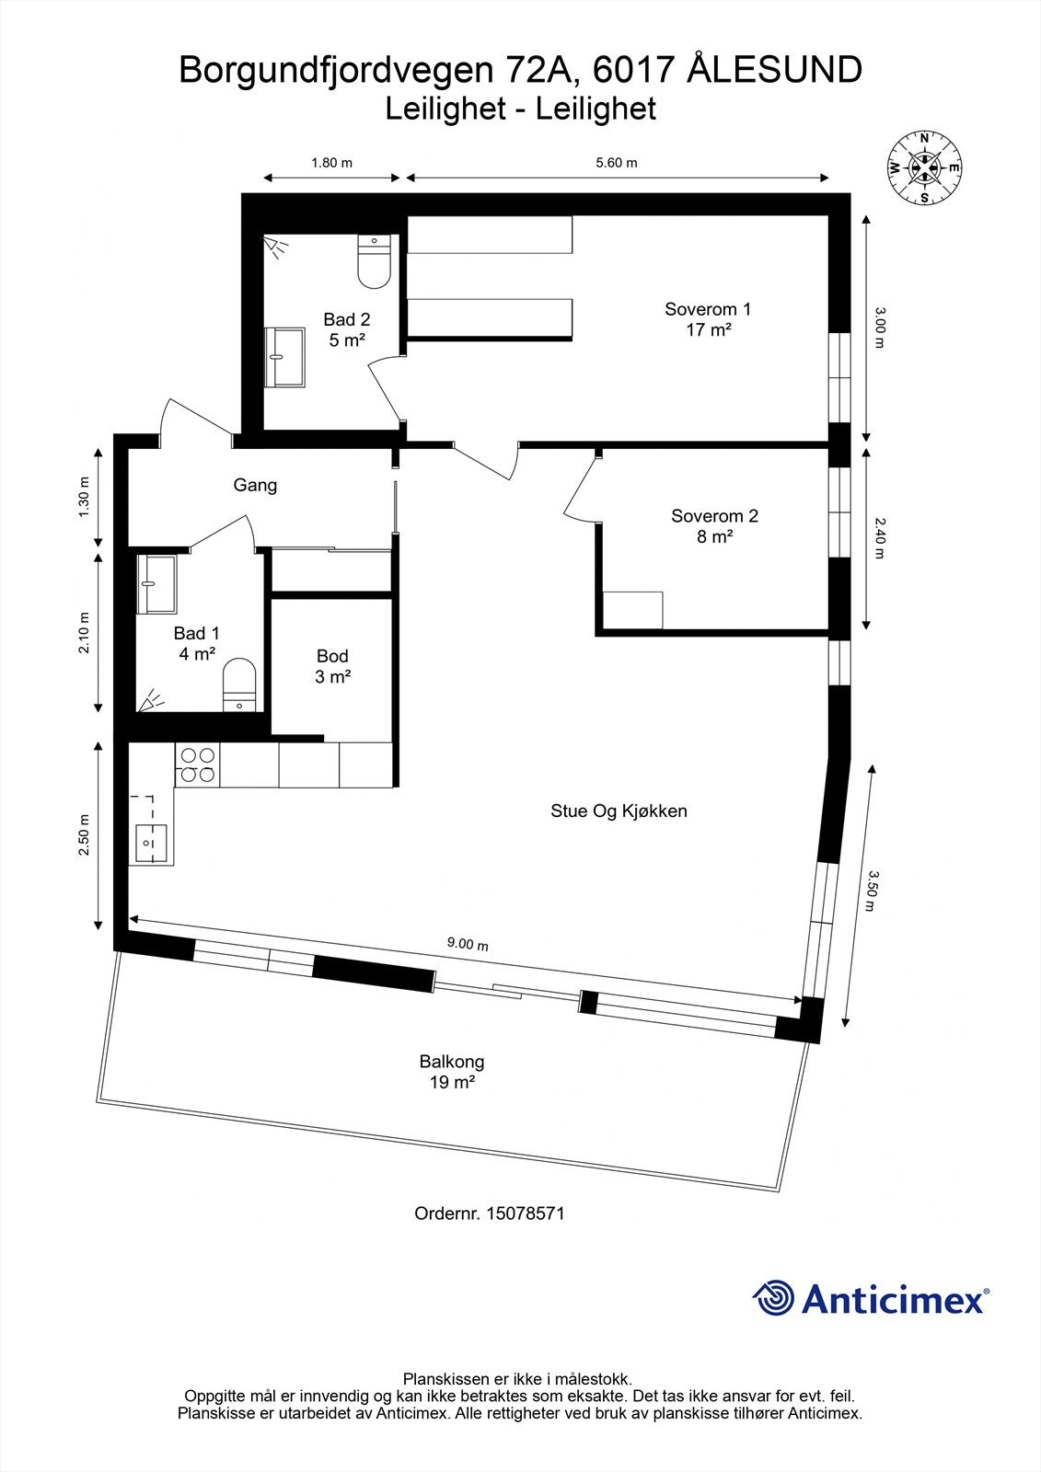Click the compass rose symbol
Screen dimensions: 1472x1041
pyautogui.click(x=923, y=167)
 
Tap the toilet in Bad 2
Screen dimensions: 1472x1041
pyautogui.click(x=374, y=261)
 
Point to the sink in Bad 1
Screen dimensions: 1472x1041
pyautogui.click(x=156, y=584)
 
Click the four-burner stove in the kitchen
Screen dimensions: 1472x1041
pyautogui.click(x=197, y=765)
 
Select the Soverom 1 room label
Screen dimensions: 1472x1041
pyautogui.click(x=708, y=319)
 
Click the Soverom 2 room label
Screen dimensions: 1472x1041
pyautogui.click(x=714, y=526)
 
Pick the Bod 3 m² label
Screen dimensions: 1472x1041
pyautogui.click(x=332, y=666)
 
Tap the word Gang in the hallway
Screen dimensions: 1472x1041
pyautogui.click(x=255, y=485)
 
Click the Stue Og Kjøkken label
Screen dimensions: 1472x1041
pyautogui.click(x=619, y=811)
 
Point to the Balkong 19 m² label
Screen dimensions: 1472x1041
pyautogui.click(x=451, y=1072)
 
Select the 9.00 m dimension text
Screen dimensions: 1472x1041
pyautogui.click(x=468, y=944)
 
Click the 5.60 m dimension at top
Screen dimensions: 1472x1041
pyautogui.click(x=617, y=163)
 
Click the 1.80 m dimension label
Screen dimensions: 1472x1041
pyautogui.click(x=331, y=163)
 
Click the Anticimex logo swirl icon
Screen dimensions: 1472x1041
pyautogui.click(x=773, y=1298)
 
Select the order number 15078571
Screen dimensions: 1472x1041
pyautogui.click(x=527, y=1213)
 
